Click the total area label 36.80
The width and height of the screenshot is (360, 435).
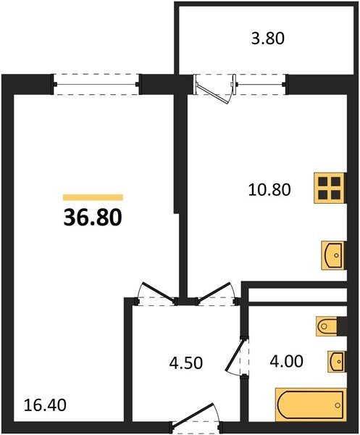[x=93, y=217]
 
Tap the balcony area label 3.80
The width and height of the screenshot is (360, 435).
[x=268, y=38]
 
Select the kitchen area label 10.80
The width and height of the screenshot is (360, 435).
[x=269, y=190]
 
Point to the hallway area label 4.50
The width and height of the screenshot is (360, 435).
[x=186, y=363]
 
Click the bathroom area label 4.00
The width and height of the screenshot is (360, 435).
[x=287, y=361]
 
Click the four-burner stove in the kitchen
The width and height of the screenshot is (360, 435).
[x=330, y=188]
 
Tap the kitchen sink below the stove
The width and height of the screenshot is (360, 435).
[x=334, y=255]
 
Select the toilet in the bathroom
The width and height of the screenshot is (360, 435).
[x=327, y=326]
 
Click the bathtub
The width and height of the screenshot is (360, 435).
[x=311, y=405]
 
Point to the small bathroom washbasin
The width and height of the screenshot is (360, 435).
[x=337, y=361]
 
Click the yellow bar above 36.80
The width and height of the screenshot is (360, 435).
[x=93, y=197]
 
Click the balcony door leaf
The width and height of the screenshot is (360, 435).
[x=214, y=90]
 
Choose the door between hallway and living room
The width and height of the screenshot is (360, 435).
[x=156, y=293]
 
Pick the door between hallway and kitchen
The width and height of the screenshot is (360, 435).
[x=216, y=293]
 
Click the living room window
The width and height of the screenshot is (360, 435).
[x=97, y=84]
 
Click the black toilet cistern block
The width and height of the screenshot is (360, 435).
[x=342, y=326]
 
